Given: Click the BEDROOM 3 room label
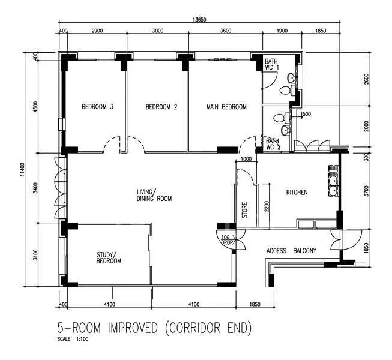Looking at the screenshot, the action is click(97, 107).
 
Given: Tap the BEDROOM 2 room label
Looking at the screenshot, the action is click(161, 107).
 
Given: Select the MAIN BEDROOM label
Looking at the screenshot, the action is click(226, 107).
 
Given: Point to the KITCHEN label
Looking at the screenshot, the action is click(297, 193).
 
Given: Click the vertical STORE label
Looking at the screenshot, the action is click(245, 210).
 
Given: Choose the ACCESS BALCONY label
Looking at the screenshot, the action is click(291, 251).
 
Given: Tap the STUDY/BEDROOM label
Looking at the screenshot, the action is click(109, 258).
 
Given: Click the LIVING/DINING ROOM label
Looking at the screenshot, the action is click(154, 196).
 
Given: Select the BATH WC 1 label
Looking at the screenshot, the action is click(272, 64).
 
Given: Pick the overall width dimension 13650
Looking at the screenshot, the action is click(199, 19).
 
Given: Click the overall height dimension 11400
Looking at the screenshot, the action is click(22, 170).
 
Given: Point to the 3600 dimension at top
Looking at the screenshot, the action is click(226, 31).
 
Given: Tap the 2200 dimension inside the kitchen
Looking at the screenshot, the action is click(267, 206).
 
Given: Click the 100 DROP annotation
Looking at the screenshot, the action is click(228, 240).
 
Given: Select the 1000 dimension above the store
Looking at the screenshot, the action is click(246, 159).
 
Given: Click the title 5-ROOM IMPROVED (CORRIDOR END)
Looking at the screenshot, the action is click(154, 328).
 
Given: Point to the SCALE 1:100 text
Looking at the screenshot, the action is click(73, 339).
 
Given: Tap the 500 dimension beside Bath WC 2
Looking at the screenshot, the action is click(307, 114).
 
